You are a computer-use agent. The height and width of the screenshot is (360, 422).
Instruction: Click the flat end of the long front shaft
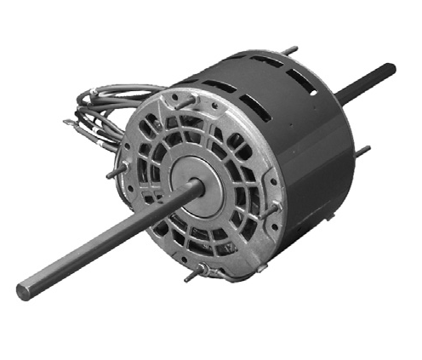[24, 291]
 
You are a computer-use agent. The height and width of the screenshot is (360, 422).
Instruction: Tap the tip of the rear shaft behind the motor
[391, 68]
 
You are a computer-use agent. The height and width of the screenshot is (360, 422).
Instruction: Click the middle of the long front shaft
[102, 242]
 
